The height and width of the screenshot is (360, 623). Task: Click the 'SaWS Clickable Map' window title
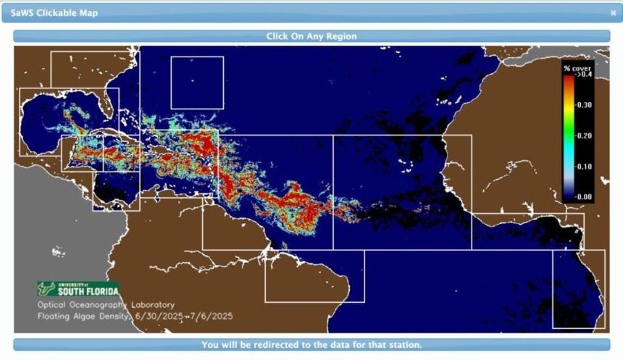point(54,13)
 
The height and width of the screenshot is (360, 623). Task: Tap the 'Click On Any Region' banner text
point(311,35)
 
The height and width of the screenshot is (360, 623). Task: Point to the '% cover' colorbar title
point(577,68)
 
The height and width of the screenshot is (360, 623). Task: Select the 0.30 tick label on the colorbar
point(583,104)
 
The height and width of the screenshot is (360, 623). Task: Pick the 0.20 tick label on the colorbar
point(583,135)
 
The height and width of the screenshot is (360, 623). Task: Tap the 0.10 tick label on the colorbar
point(583,166)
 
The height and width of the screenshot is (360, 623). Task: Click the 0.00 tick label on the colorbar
point(583,196)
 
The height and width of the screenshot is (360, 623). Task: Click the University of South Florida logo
point(78,288)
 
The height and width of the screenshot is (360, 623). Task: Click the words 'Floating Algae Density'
point(84,317)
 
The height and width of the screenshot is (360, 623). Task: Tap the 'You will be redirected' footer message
point(311,345)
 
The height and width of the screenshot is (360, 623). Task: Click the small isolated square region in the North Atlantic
point(196,83)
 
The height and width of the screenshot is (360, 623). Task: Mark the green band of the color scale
point(568,134)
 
